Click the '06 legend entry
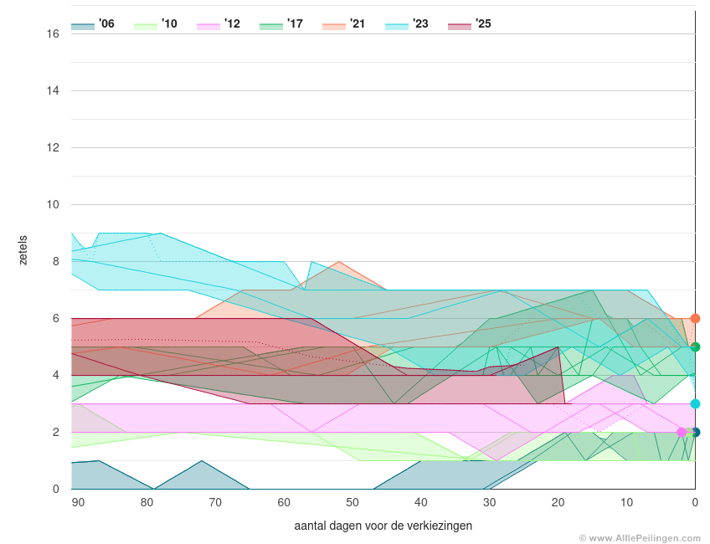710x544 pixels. pos(93,24)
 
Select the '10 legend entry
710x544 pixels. pos(156,24)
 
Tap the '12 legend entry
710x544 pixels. pos(219,24)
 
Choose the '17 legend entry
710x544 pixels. pos(281,24)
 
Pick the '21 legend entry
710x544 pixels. pos(344,24)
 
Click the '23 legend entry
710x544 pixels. pos(407,24)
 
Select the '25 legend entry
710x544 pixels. pos(470,24)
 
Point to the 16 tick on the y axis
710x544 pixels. pos(53,34)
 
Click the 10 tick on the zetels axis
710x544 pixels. pos(53,205)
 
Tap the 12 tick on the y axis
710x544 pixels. pos(53,148)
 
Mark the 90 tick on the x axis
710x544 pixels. pos(78,502)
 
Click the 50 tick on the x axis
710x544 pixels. pos(352,502)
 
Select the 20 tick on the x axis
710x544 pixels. pos(558,502)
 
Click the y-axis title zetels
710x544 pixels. pos(23,250)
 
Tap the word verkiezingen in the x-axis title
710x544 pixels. pos(440,526)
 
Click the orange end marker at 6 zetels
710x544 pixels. pos(695,319)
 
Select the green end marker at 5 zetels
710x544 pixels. pos(695,347)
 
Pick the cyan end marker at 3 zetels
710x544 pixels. pos(695,404)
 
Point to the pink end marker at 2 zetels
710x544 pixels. pos(682,433)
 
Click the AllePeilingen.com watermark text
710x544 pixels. pos(643,538)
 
